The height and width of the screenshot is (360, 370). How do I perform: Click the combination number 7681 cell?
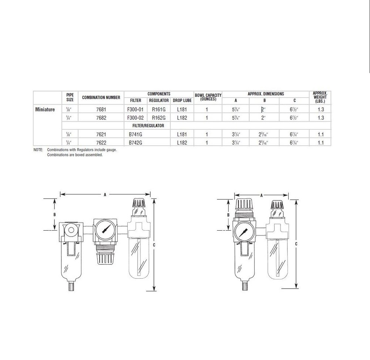click(101, 109)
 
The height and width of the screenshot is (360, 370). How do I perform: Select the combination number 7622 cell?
click(101, 143)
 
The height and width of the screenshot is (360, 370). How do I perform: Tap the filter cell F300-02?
click(135, 118)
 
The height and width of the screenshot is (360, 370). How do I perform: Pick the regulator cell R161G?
click(159, 109)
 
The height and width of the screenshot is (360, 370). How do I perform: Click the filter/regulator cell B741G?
click(135, 135)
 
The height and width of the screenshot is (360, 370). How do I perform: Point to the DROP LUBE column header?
click(182, 101)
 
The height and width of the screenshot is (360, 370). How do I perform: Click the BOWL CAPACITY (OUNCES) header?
click(208, 97)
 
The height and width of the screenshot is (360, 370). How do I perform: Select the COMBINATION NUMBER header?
click(101, 97)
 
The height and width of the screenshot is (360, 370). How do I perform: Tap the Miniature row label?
click(45, 109)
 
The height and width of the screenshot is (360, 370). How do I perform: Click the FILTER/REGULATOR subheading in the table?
click(148, 126)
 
